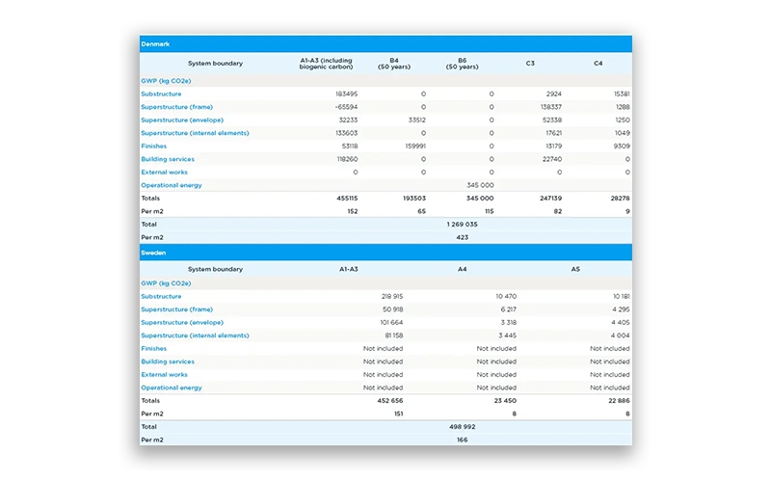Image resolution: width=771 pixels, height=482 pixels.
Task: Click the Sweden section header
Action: point(153,253)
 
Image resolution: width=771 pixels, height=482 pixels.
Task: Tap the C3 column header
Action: point(530,64)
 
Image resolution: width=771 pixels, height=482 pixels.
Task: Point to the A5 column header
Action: point(575,270)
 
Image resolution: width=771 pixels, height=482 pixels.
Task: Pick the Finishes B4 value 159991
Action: point(411,147)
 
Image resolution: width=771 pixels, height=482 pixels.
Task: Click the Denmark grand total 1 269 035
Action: point(463,224)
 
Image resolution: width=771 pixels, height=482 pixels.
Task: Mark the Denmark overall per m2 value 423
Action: point(463,236)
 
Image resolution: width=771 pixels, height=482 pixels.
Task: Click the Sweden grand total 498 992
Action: point(463,426)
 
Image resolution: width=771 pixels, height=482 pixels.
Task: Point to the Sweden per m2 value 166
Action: point(463,440)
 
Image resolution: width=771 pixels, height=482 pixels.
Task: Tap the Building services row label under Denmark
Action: point(168,159)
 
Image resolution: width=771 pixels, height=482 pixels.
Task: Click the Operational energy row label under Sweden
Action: point(172,388)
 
